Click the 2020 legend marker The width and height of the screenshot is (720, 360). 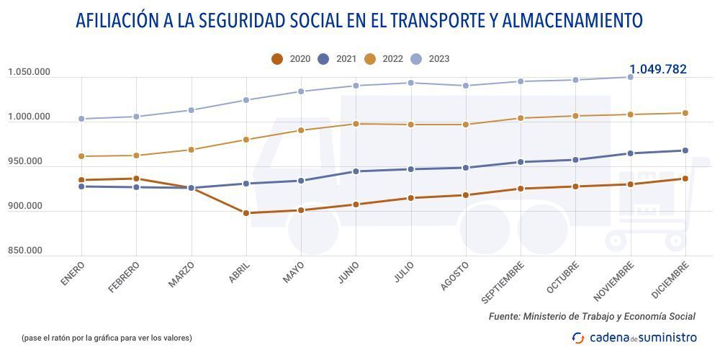click(x=277, y=59)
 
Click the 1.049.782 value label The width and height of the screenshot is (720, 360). click(x=657, y=70)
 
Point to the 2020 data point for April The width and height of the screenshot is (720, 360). click(x=246, y=213)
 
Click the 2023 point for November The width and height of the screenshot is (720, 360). click(x=631, y=77)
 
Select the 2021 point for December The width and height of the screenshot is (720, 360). click(x=685, y=150)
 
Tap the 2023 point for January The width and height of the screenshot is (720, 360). click(x=81, y=119)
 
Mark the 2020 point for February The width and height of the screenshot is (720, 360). click(x=136, y=179)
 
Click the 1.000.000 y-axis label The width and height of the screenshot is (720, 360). click(x=29, y=117)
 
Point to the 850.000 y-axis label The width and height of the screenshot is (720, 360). click(x=25, y=251)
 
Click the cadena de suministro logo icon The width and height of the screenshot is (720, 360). click(x=578, y=338)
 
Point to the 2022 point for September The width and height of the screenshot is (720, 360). click(x=521, y=118)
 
